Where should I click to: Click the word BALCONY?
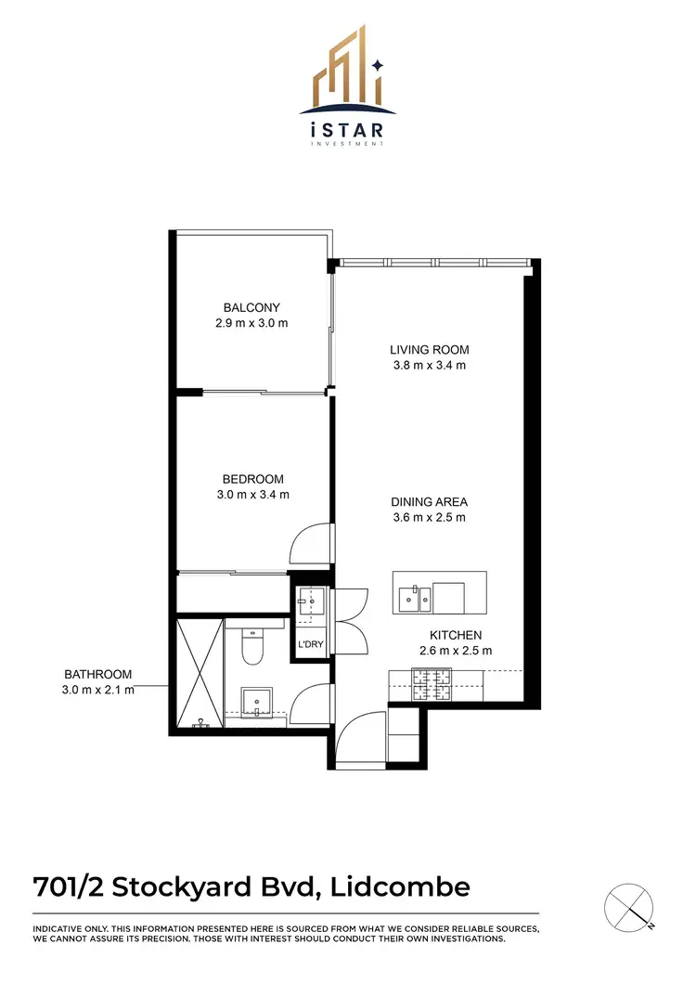251,308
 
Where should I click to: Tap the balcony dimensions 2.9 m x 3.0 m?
251,324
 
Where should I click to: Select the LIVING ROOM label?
429,350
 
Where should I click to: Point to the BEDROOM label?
246,479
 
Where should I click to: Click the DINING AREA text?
428,501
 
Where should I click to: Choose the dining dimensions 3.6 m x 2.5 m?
428,517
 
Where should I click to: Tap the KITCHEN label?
455,635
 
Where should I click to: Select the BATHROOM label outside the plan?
97,674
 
